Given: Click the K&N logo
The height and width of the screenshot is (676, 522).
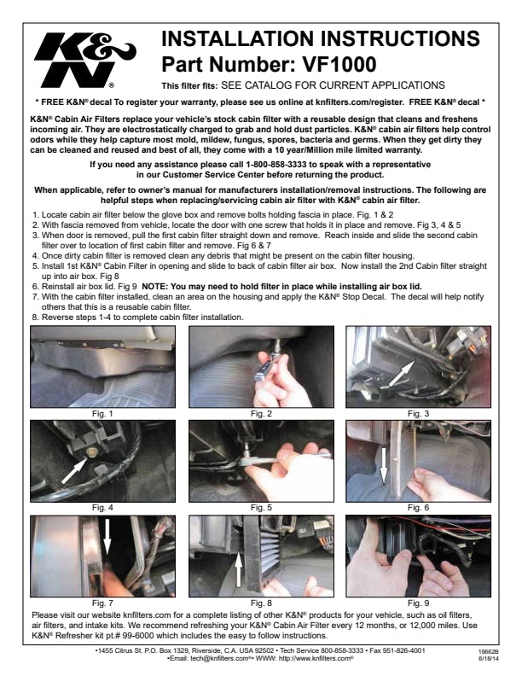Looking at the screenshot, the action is click(x=84, y=60).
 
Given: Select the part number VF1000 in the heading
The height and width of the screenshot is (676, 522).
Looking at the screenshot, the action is click(x=339, y=64).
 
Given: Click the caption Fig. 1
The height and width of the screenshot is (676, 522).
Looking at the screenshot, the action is click(x=102, y=413).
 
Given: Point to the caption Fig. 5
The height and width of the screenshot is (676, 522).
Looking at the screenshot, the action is click(x=262, y=508).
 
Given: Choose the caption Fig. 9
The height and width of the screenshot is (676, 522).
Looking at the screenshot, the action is click(x=419, y=603).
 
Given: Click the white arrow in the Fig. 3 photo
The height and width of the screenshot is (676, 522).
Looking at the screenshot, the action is click(x=402, y=373).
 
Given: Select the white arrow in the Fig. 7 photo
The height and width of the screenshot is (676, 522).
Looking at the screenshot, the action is click(x=107, y=537).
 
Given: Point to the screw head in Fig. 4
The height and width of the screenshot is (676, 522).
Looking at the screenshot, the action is click(x=90, y=452).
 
